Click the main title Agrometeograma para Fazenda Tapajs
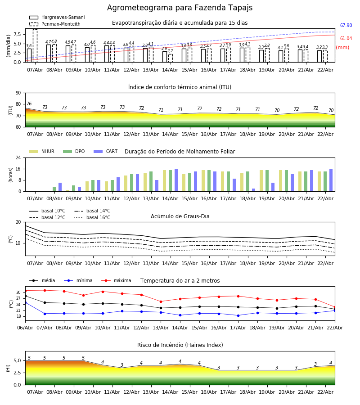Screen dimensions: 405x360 (180, 8)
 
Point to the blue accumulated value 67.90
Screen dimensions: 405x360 (346, 26)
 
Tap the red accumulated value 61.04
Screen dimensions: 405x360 (346, 39)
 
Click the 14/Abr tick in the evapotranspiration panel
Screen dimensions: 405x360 (170, 70)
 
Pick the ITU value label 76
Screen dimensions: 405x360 (29, 104)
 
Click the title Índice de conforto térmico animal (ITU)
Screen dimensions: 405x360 (180, 87)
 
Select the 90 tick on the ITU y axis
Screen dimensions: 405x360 (18, 93)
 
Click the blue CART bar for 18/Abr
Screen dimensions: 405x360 (253, 190)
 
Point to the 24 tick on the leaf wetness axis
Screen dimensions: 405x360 (18, 158)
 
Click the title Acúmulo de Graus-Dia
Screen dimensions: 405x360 (180, 216)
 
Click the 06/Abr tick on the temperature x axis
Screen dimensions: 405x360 (25, 328)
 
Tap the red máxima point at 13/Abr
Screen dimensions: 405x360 (161, 301)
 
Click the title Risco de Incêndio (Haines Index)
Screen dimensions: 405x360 (180, 345)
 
